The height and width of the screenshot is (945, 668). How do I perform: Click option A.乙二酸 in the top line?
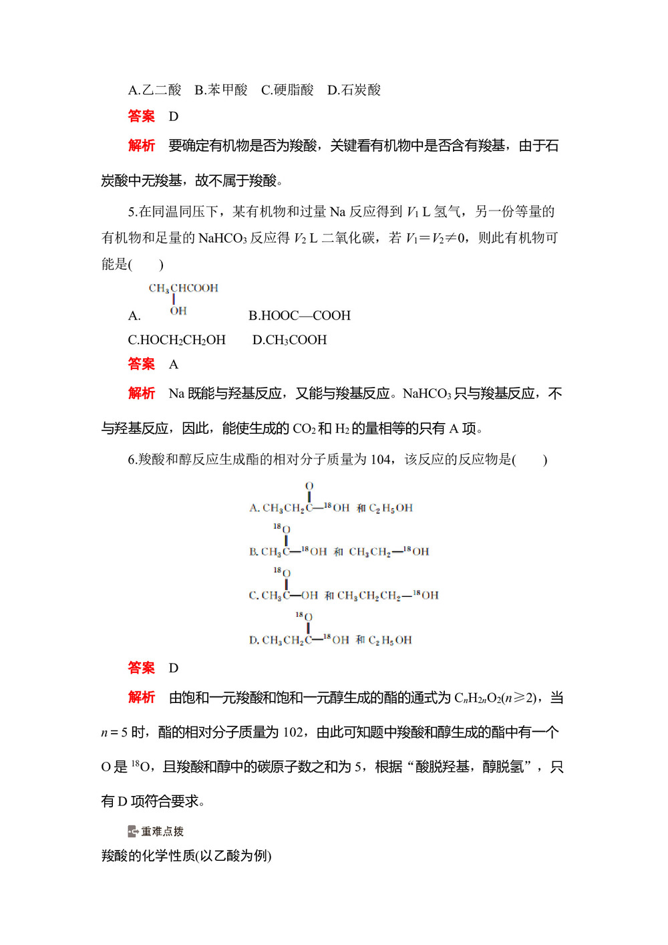point(154,90)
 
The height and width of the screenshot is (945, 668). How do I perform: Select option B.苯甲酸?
point(220,90)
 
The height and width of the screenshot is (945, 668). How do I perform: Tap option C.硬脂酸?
point(287,90)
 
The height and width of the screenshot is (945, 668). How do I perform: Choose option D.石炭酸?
point(354,90)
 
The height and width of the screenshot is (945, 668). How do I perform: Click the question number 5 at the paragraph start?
point(132,212)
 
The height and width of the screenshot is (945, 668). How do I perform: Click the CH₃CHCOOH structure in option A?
point(183,289)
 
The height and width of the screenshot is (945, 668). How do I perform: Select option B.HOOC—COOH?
point(299,315)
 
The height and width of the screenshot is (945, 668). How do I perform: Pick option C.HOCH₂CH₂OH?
point(176,340)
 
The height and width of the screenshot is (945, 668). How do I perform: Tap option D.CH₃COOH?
point(289,340)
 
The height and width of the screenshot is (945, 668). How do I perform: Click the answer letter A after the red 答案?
point(174,365)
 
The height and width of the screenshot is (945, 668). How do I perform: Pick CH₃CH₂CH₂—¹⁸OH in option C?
point(387,595)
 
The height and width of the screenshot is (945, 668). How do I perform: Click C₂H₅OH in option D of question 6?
point(390,640)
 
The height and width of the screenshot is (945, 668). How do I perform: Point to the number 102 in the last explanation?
point(293,732)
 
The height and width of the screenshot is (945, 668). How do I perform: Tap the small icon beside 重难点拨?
point(133,831)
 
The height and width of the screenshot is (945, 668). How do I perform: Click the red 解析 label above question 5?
point(141,146)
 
